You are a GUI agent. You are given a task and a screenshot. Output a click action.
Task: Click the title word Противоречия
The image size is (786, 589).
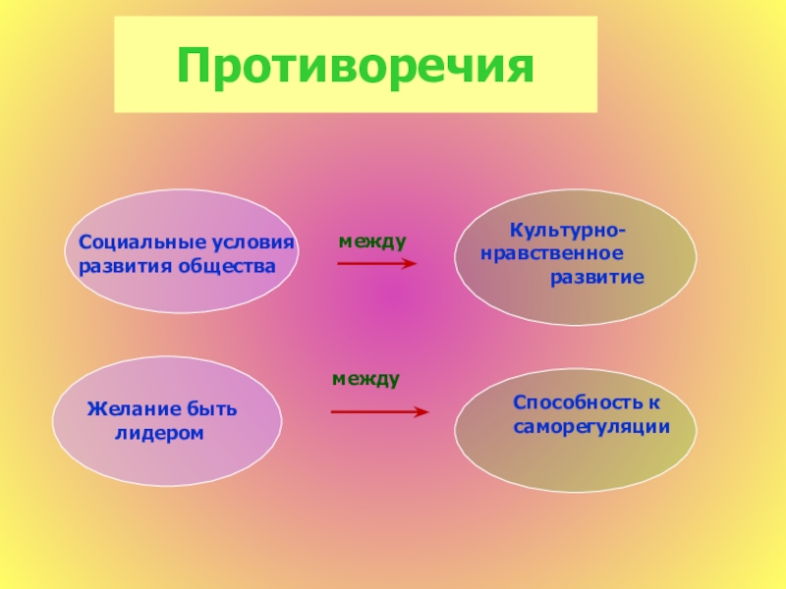[x=355, y=65]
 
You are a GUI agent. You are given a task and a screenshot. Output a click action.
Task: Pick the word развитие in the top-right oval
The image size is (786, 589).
[x=596, y=278]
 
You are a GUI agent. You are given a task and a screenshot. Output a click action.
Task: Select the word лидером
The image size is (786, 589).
[x=159, y=432]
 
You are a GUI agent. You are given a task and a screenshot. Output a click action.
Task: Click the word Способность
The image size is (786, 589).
[x=576, y=402]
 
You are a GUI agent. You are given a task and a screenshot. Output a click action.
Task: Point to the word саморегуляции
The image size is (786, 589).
[x=591, y=427]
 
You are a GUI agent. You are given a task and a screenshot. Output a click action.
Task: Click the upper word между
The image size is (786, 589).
[x=372, y=241]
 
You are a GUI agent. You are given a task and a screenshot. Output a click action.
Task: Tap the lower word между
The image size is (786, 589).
[x=365, y=378]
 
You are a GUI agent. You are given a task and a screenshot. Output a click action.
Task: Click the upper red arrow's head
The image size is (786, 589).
[x=411, y=263]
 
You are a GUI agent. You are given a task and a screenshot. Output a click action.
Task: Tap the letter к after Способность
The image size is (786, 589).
[x=652, y=402]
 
